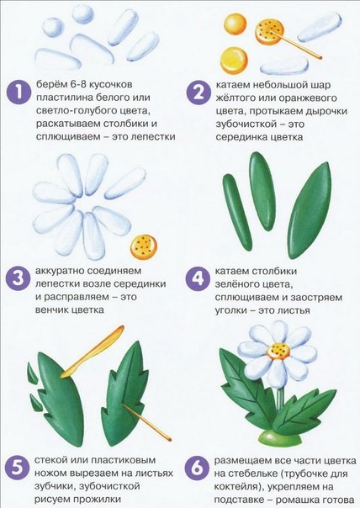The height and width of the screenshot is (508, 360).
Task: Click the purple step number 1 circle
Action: point(19,93)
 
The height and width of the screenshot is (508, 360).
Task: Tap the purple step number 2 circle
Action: point(199,93)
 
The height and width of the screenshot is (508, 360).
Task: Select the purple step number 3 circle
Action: point(17,278)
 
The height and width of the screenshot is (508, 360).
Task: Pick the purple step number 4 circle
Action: point(198,278)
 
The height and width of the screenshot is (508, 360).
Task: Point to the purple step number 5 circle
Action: point(17,469)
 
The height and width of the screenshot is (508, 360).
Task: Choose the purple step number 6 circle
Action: point(196,469)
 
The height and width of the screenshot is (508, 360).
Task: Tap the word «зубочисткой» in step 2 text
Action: point(246,124)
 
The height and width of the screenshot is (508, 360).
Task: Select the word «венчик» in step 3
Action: point(52,310)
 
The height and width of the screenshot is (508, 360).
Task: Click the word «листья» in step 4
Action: point(294,310)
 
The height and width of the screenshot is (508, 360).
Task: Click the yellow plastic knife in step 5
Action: point(93,352)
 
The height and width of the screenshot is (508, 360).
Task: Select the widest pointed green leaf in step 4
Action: point(310,210)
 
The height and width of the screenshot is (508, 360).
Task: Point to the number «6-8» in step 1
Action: point(77,85)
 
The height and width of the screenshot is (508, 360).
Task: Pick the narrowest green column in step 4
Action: point(237,213)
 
